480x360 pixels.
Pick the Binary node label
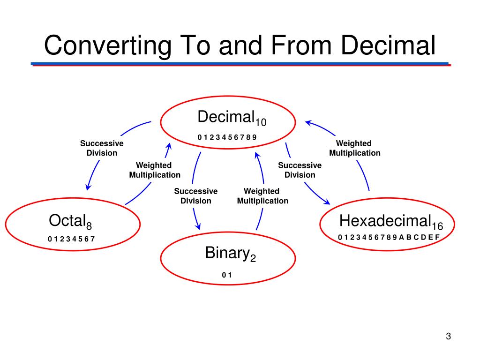[x=226, y=253]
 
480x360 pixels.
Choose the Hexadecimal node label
[x=385, y=220]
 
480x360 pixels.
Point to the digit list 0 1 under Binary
[x=227, y=275]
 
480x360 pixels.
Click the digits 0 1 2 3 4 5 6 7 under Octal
[x=71, y=239]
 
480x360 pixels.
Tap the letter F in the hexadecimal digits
[x=437, y=237]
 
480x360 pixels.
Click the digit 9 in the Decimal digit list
[x=255, y=137]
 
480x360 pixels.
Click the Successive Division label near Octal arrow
[x=102, y=148]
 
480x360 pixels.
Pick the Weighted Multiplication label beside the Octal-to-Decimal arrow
[x=155, y=170]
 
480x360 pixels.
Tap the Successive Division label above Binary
[x=196, y=196]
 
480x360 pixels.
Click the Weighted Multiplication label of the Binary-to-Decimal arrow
[x=262, y=196]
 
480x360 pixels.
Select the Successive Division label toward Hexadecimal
[x=300, y=170]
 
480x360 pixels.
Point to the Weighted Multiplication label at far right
[x=354, y=148]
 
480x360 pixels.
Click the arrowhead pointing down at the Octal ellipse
[x=87, y=187]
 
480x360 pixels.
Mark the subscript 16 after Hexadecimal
[x=437, y=227]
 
